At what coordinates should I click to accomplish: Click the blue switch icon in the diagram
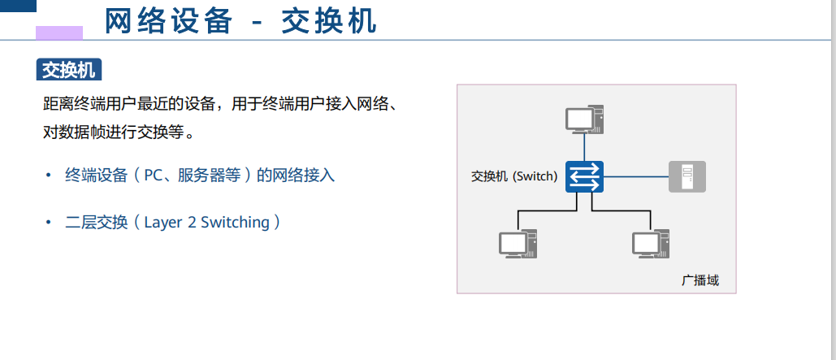point(585,176)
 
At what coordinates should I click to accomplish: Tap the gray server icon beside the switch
point(687,176)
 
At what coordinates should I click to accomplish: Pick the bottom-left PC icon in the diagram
point(518,244)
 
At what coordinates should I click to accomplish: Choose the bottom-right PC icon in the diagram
point(650,244)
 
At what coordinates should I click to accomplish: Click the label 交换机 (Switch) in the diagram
point(514,176)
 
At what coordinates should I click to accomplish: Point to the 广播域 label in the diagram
point(700,280)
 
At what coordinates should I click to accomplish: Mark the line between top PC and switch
point(585,147)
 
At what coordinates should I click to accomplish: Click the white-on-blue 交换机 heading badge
point(68,70)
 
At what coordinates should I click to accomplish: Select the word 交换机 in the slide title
point(329,22)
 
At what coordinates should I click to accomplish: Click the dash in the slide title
point(257,23)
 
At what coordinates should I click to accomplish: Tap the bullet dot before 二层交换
point(48,222)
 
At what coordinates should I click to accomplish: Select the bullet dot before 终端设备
point(48,175)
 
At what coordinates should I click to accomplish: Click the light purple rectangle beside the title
point(58,32)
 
